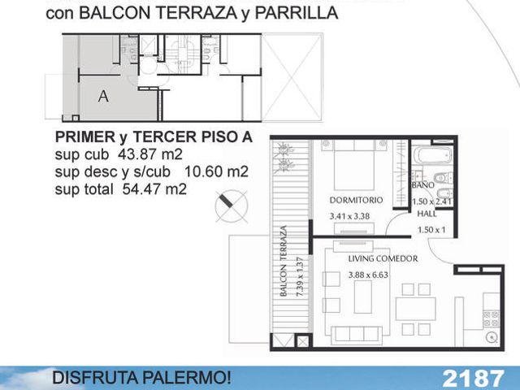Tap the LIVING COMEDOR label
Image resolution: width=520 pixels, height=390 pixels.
point(383,258)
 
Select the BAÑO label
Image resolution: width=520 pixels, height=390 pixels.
point(422,185)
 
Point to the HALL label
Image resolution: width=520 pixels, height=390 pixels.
point(427,214)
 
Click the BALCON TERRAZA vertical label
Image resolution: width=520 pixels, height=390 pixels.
point(283,261)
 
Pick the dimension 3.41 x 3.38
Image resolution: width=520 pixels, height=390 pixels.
point(349,217)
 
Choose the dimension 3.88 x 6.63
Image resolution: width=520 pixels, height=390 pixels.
point(368,275)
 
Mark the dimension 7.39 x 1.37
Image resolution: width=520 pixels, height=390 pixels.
point(300,277)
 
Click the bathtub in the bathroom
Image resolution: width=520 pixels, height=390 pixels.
point(432,155)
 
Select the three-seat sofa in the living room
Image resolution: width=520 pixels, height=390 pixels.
point(357,335)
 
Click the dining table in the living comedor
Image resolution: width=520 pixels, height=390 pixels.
point(415,309)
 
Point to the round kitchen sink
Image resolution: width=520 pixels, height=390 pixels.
point(491,338)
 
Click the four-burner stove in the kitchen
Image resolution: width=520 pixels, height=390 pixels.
point(491,318)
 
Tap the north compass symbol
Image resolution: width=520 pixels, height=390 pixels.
point(231,206)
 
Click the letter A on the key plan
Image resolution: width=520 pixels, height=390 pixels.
point(103,96)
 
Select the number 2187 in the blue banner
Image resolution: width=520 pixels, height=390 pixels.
point(473,378)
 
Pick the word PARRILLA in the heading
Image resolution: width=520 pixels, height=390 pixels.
point(297,13)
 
